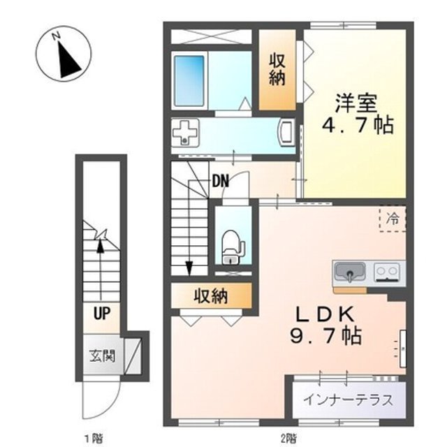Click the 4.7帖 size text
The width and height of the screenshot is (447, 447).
[356, 126]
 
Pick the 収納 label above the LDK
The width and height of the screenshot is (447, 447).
[211, 296]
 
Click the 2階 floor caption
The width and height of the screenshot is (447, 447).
[288, 439]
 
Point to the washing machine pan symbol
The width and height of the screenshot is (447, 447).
[186, 132]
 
